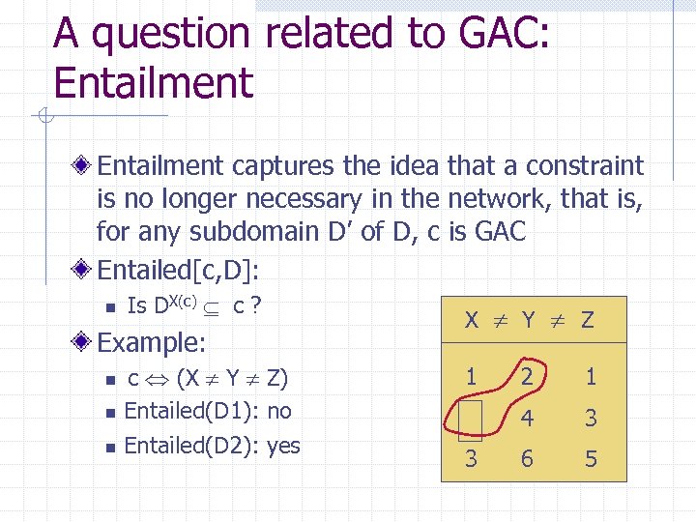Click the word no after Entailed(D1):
pyautogui.click(x=278, y=411)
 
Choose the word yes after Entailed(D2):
pyautogui.click(x=282, y=446)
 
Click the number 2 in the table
pyautogui.click(x=527, y=377)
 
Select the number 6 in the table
pyautogui.click(x=527, y=459)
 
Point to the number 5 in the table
pyautogui.click(x=591, y=459)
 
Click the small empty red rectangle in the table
pyautogui.click(x=470, y=420)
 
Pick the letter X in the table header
pyautogui.click(x=471, y=320)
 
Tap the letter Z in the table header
pyautogui.click(x=587, y=320)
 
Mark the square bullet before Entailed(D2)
pyautogui.click(x=111, y=447)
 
